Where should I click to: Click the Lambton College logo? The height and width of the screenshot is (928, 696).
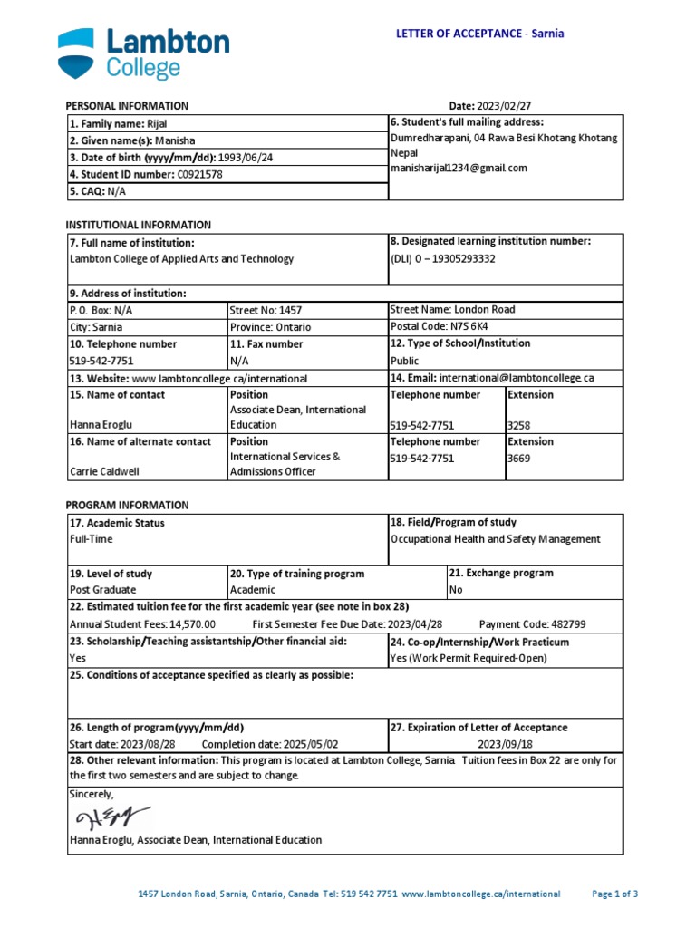coord(143,54)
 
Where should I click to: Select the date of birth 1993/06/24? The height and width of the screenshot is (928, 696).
coord(246,157)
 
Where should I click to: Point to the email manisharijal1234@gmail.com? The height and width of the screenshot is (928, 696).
coord(459,168)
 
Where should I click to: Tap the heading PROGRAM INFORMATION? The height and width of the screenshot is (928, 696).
coord(128,505)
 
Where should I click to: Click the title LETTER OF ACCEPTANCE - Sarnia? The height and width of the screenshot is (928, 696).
coord(480,34)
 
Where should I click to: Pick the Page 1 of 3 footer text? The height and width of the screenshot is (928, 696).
coord(615,894)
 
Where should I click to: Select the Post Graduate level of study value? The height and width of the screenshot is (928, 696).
coord(102,590)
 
